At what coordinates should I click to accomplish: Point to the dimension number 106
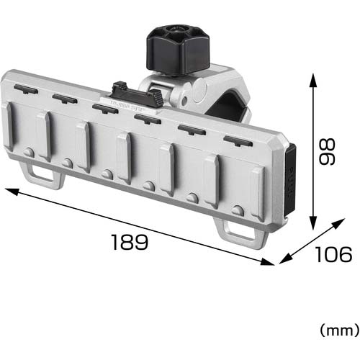tap(333, 254)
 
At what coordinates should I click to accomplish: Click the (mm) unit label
tap(338, 330)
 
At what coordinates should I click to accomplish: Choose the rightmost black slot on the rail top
tap(237, 140)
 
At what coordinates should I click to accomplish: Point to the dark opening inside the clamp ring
tap(229, 108)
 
